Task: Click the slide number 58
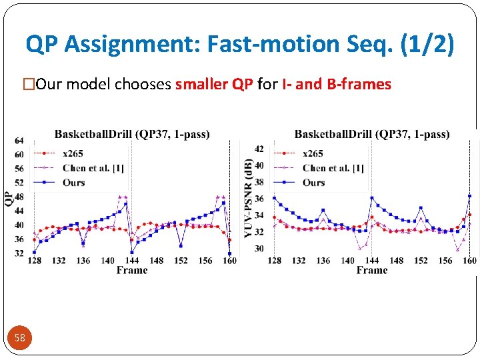tap(20, 338)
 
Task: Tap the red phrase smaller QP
tap(214, 84)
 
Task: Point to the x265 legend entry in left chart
tap(73, 153)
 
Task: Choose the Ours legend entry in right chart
tap(313, 183)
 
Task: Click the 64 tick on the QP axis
tap(19, 141)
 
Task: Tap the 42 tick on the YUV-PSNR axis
tap(259, 149)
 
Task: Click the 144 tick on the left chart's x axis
tap(131, 261)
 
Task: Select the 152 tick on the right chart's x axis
tap(421, 261)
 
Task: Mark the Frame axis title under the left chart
tap(131, 270)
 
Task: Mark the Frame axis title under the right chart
tap(371, 270)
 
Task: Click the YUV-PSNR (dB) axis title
tap(248, 198)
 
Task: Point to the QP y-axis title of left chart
tap(8, 198)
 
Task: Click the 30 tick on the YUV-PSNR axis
tap(259, 249)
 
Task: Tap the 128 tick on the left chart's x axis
tap(34, 261)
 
